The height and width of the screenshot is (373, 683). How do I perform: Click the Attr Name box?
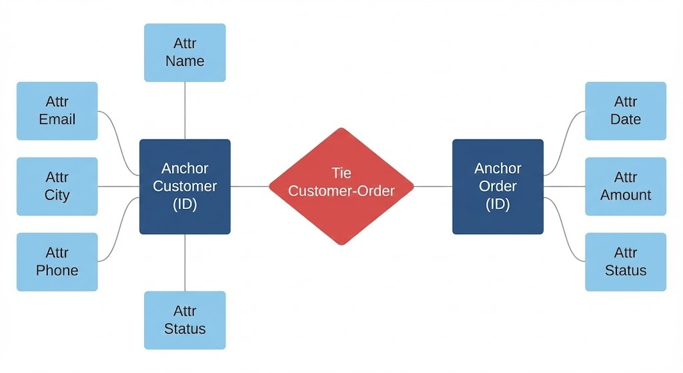click(x=185, y=53)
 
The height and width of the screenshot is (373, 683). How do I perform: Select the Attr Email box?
click(x=57, y=111)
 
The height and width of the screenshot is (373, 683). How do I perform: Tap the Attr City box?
click(x=57, y=186)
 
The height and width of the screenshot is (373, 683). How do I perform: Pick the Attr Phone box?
click(x=57, y=262)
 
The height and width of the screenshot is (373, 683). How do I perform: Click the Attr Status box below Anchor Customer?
click(x=185, y=320)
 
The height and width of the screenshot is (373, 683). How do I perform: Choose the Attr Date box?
click(x=625, y=111)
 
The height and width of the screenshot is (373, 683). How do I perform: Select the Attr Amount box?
click(x=625, y=186)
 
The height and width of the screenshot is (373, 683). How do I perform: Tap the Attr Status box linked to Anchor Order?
click(x=625, y=262)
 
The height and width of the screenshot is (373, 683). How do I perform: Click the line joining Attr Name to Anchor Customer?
click(x=185, y=110)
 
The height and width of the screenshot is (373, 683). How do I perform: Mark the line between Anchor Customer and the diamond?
click(x=249, y=187)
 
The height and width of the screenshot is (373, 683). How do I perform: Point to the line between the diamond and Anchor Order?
click(x=433, y=187)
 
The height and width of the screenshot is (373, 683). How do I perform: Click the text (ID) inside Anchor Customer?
click(x=185, y=204)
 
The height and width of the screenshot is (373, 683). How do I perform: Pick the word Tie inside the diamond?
click(x=341, y=173)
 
